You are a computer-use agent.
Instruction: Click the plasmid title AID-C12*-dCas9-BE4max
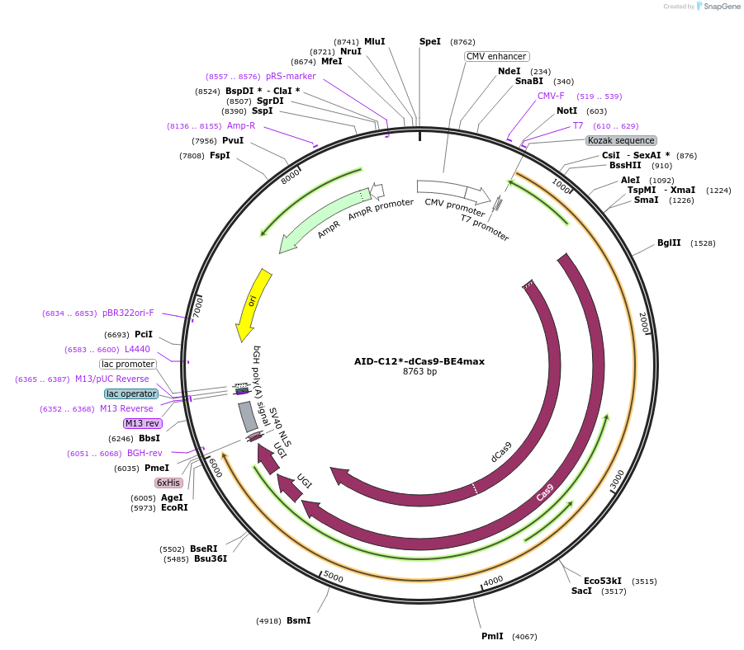[419, 360]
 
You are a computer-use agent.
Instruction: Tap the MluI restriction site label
[374, 41]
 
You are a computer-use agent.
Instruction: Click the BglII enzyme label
[669, 243]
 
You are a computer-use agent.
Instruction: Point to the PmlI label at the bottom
[492, 636]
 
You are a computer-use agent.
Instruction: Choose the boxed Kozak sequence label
[621, 140]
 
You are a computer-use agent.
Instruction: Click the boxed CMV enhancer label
[495, 56]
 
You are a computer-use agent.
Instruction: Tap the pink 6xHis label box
[168, 483]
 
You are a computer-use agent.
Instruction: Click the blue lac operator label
[131, 393]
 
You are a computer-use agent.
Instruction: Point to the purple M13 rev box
[142, 423]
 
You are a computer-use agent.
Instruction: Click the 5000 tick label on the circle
[333, 576]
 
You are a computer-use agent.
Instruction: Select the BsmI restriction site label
[298, 620]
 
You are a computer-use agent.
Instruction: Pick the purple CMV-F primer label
[551, 96]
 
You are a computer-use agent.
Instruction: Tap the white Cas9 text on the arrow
[545, 492]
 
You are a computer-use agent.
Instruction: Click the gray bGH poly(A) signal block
[248, 417]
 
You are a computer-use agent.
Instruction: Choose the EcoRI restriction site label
[174, 507]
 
